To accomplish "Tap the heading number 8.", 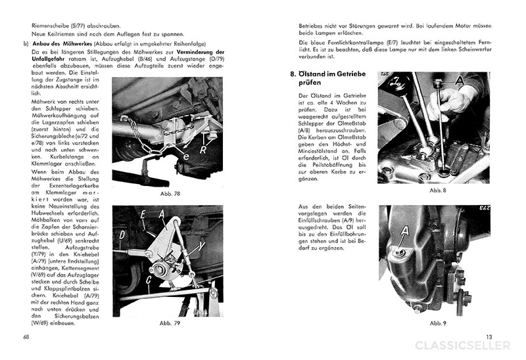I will point(293,74).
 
